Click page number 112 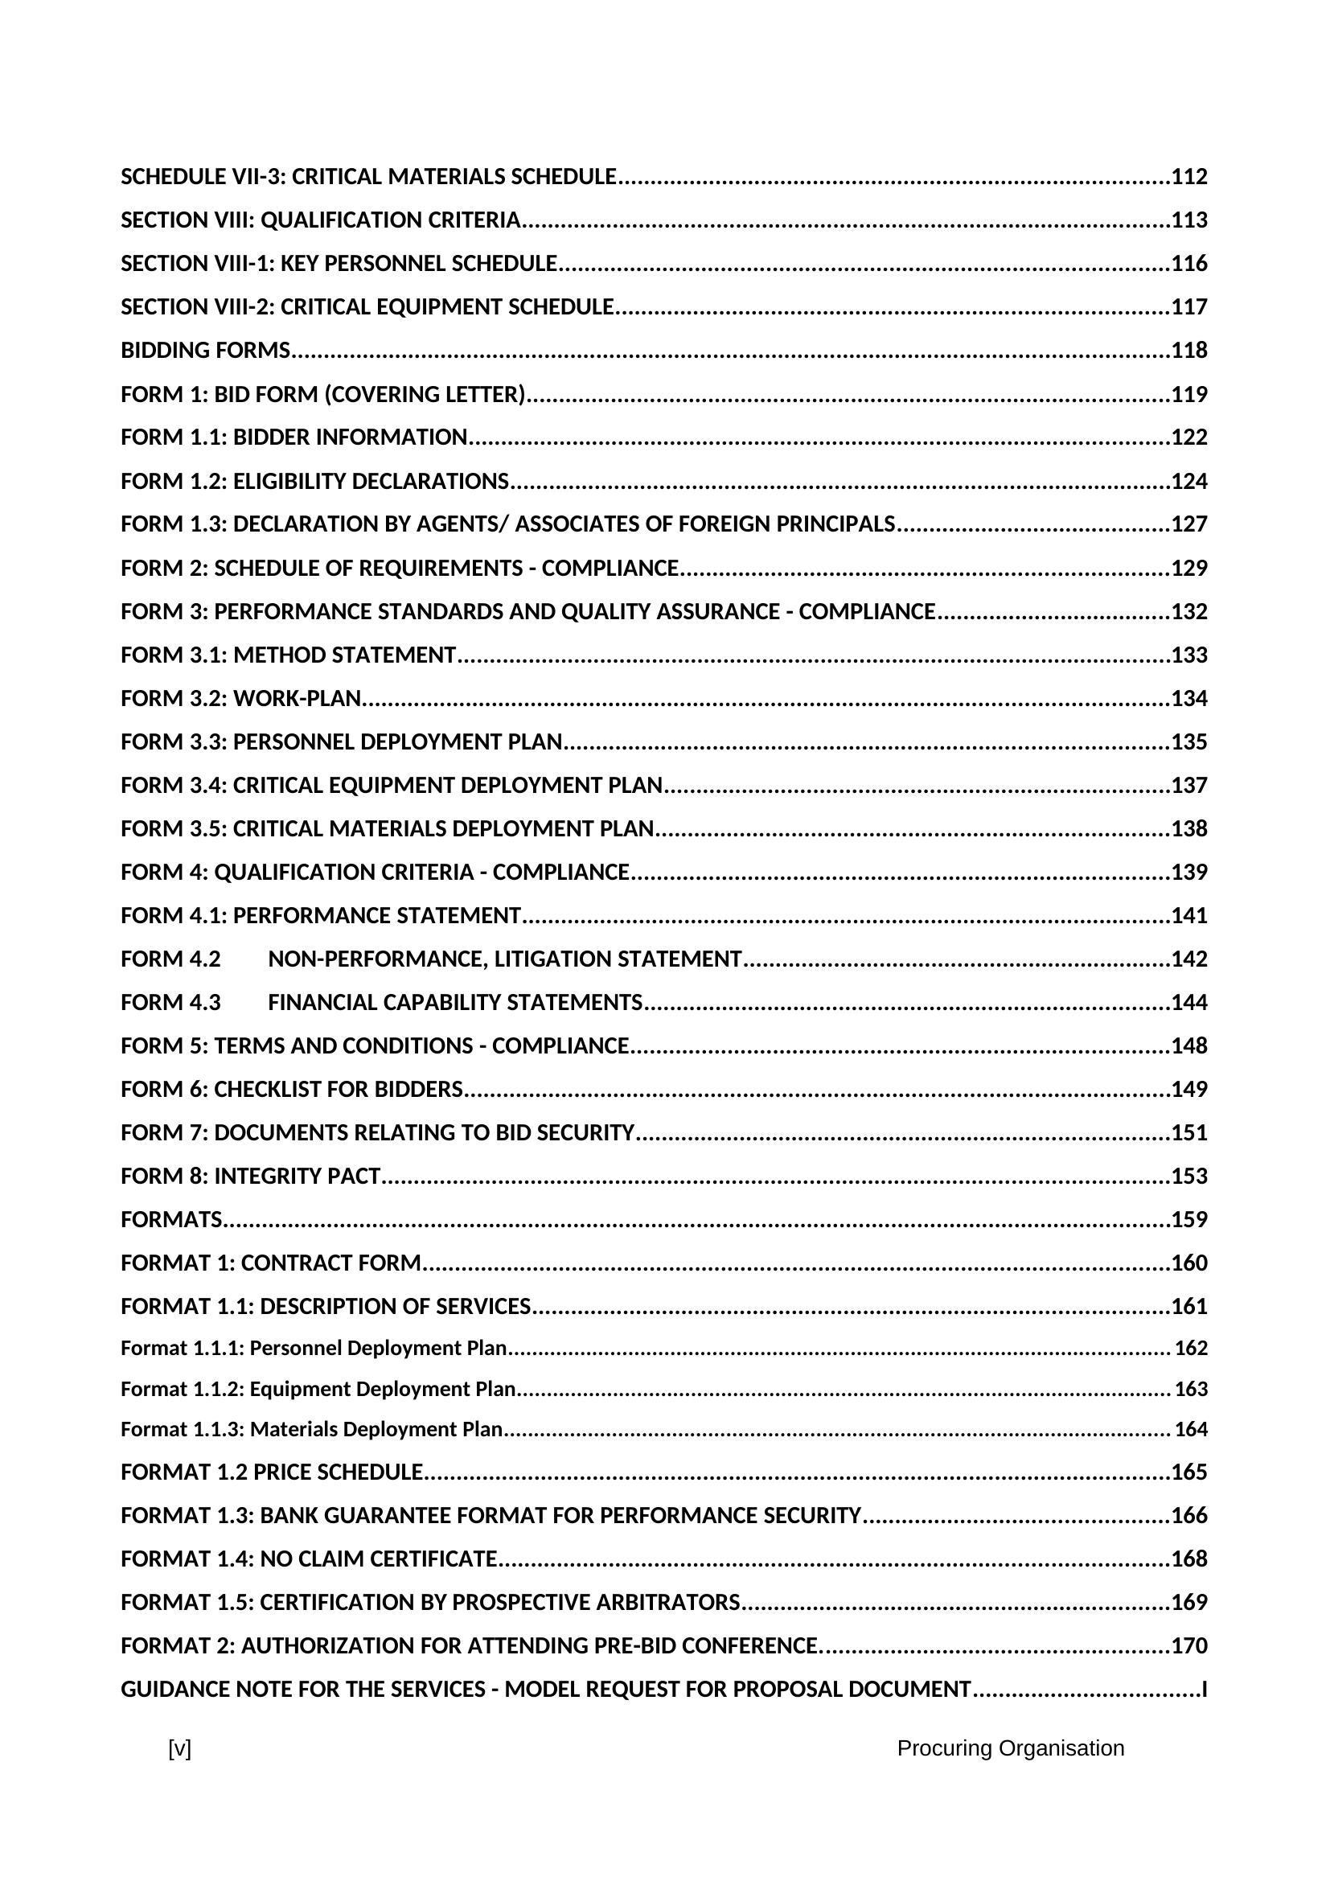(1189, 177)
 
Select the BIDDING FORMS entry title (206, 351)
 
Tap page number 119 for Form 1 (1189, 395)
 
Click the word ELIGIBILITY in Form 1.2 (291, 482)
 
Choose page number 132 (1189, 612)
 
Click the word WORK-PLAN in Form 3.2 (298, 699)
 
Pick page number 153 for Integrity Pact (1189, 1177)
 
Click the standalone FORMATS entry (171, 1220)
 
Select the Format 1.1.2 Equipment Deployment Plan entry (318, 1390)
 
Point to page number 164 (1191, 1430)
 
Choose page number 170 (1189, 1646)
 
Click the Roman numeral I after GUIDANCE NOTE (1204, 1690)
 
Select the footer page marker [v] (179, 1748)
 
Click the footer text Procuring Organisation (1010, 1748)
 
